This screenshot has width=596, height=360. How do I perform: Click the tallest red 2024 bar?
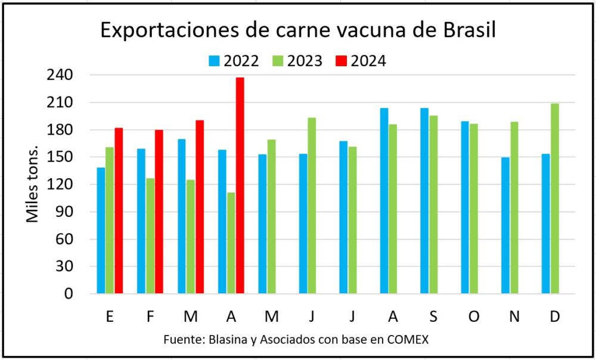coord(240,185)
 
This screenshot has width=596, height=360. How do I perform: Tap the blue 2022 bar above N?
coord(505,225)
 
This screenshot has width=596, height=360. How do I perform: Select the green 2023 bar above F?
coord(150,236)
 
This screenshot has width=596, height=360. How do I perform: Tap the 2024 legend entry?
coord(361,61)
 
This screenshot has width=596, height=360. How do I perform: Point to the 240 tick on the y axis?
coord(60,75)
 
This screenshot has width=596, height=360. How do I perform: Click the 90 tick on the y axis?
coord(64,212)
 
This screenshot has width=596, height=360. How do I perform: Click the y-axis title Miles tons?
coord(33,184)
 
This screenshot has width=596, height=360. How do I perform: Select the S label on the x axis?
coord(433,316)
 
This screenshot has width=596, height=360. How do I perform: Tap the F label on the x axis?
coord(150,316)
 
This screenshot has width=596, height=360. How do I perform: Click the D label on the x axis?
coord(554,316)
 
